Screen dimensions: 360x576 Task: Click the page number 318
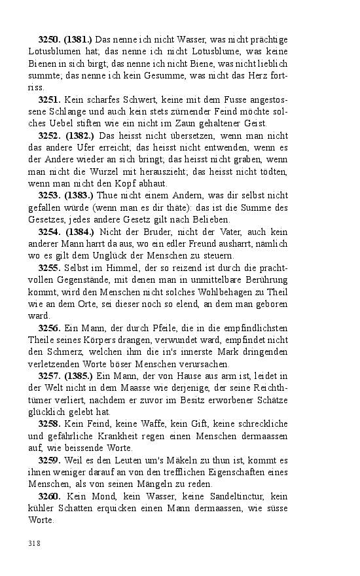pos(35,543)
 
